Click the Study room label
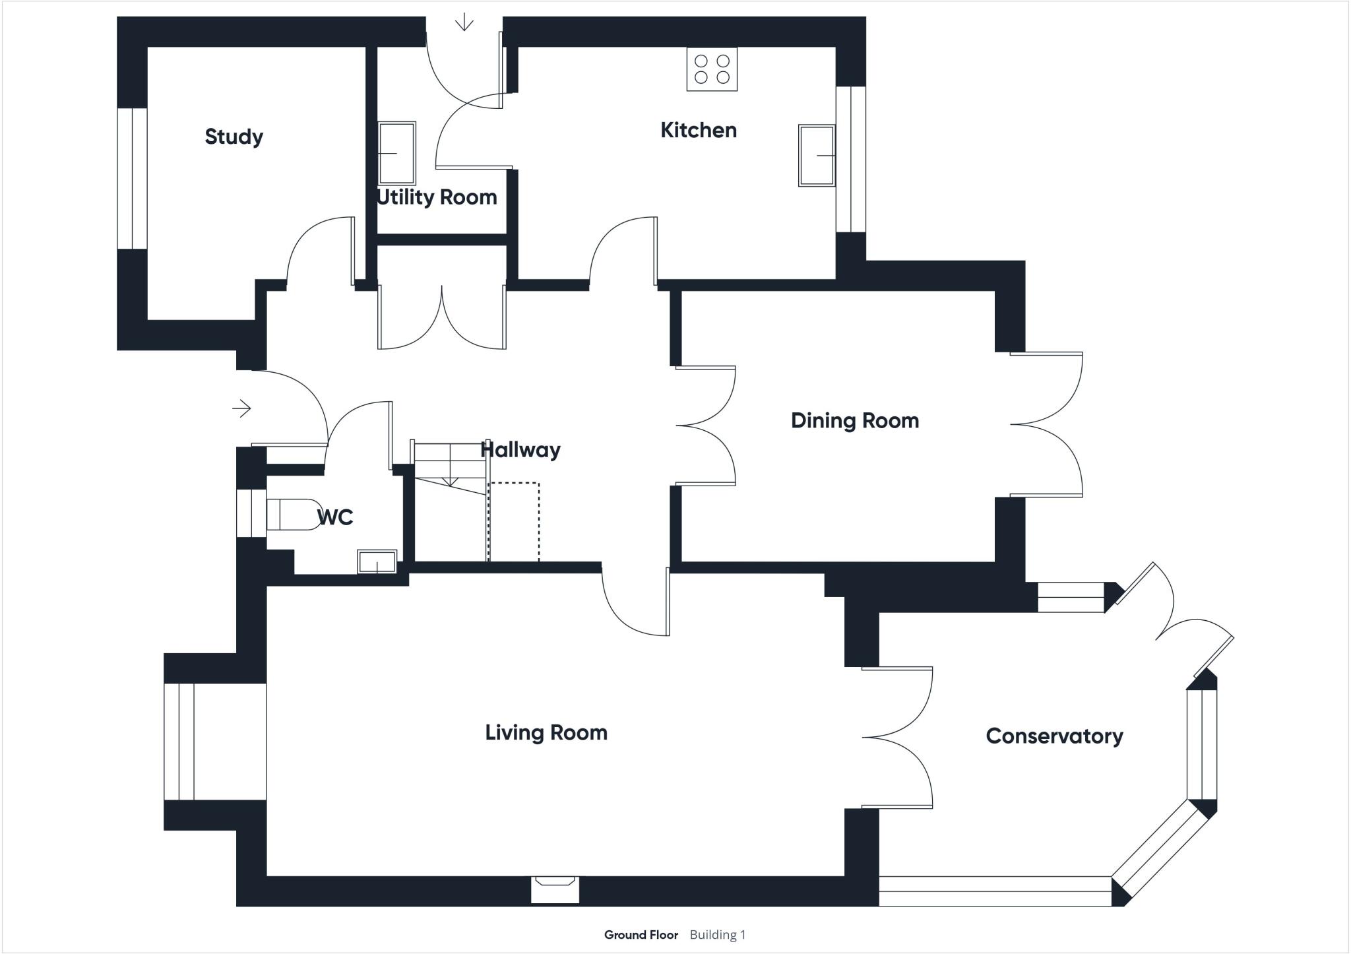point(234,137)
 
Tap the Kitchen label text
point(698,130)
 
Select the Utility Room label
point(436,197)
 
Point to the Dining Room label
point(854,420)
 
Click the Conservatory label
point(1053,736)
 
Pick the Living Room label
point(546,732)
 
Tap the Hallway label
point(520,450)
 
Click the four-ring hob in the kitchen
point(712,69)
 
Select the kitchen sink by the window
point(817,156)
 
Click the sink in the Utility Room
point(396,153)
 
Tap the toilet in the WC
point(294,515)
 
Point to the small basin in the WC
point(377,562)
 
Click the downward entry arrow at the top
point(464,22)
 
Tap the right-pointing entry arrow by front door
point(241,409)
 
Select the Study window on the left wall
point(132,178)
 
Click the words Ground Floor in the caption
point(641,935)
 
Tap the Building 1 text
point(717,935)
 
